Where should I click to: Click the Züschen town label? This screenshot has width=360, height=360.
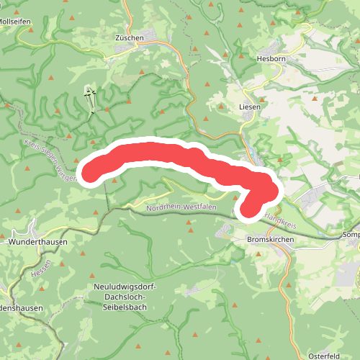pos(130,37)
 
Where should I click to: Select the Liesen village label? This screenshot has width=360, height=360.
pos(249,106)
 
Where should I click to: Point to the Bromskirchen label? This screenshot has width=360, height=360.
pos(266,238)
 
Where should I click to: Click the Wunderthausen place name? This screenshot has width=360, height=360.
pos(37,243)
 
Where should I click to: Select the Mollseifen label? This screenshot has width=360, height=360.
pos(14,22)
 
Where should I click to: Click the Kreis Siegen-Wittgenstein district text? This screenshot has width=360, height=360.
pos(49,160)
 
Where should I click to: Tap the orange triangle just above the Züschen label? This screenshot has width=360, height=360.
pos(130,25)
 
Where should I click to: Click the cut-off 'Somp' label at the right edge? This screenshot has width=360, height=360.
pos(351,235)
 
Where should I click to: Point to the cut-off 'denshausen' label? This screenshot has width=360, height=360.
pos(21,307)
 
